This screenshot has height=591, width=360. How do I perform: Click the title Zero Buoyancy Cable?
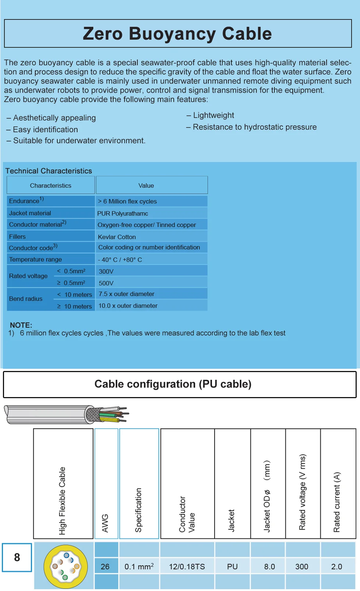[x=177, y=33]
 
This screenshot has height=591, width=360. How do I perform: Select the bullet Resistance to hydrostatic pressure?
[x=255, y=127]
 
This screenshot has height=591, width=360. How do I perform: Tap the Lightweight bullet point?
[x=213, y=115]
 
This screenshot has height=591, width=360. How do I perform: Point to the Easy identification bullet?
[x=45, y=130]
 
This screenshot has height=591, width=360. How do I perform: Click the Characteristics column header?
[x=51, y=185]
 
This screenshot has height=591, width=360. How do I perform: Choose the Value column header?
[x=146, y=185]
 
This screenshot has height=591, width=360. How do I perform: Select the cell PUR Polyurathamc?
[x=123, y=213]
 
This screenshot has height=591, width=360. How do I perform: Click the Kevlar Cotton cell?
[x=117, y=237]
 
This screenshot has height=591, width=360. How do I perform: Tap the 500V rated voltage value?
[x=106, y=283]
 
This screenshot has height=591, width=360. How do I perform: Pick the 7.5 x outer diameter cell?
[x=126, y=294]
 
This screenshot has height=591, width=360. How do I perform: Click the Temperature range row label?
[x=35, y=259]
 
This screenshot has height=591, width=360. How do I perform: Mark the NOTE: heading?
[x=21, y=325]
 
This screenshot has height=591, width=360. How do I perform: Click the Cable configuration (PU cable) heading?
[x=173, y=384]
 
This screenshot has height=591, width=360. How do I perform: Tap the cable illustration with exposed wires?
[x=66, y=414]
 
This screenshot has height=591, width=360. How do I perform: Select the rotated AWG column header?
[x=105, y=523]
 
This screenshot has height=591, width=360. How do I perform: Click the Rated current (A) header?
[x=337, y=502]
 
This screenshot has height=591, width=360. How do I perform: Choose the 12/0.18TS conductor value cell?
[x=187, y=567]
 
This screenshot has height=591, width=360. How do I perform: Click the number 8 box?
[x=17, y=558]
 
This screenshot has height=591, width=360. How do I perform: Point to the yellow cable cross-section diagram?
[x=66, y=566]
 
